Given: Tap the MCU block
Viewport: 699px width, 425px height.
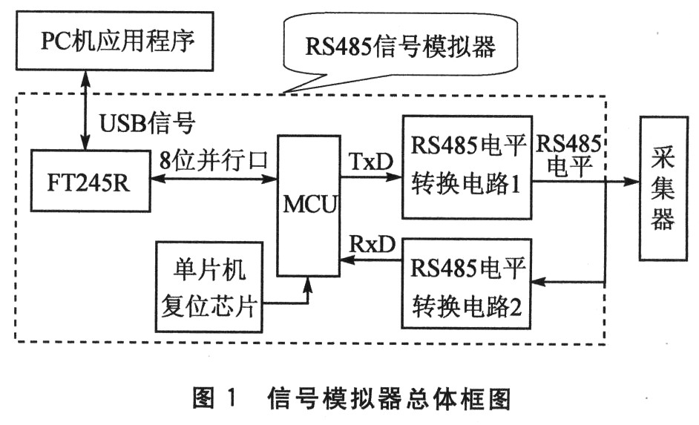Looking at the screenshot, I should coord(308,205).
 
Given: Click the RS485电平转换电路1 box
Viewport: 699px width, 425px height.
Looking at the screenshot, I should coord(467,167).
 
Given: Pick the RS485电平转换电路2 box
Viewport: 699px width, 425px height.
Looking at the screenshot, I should coord(467,283).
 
